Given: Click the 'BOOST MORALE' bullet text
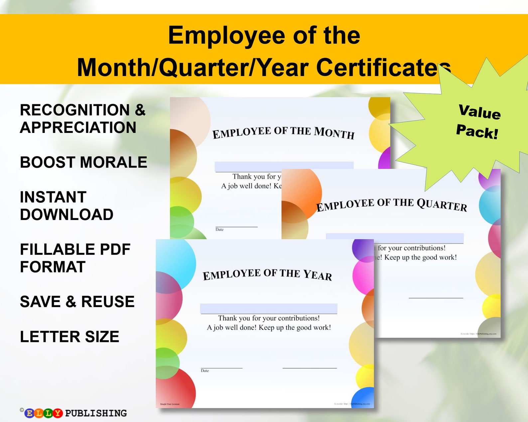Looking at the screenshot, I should point(83,162).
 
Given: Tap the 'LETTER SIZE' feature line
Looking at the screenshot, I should point(69,337).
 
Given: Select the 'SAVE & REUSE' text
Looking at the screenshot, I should point(77,302).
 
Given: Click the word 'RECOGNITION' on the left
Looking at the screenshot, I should point(75,110).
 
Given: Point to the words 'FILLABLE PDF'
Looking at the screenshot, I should point(75,249).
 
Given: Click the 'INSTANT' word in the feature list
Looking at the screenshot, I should point(53,197).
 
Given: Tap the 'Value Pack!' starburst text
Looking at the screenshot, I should point(478,121).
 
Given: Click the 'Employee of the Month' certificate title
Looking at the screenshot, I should point(283,132).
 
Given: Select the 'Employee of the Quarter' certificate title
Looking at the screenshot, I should point(391,204).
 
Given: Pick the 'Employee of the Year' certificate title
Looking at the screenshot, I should point(267,274).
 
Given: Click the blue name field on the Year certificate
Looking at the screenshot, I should point(268,308).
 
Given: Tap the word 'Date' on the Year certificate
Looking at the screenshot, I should point(205,371).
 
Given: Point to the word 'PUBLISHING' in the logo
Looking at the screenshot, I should point(96,413).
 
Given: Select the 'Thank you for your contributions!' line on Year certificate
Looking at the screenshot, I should point(269,318).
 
